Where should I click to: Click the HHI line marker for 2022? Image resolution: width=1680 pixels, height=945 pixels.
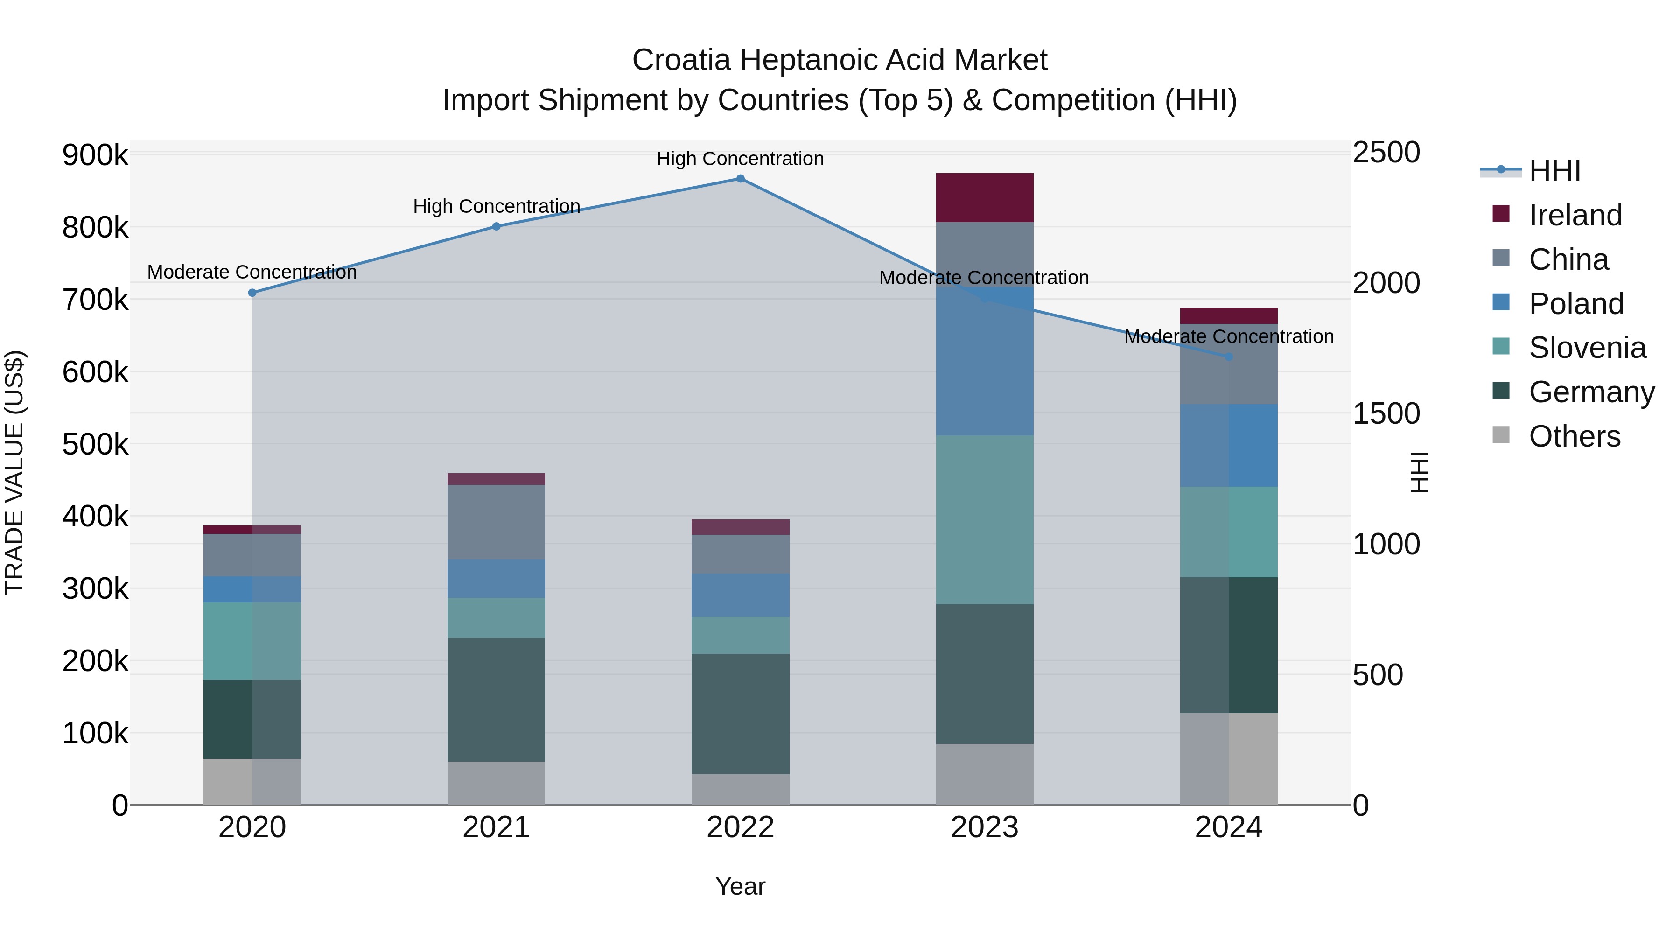[740, 179]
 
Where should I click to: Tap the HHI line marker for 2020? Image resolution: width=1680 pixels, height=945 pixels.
[252, 293]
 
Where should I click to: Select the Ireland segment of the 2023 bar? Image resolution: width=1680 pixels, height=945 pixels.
[984, 197]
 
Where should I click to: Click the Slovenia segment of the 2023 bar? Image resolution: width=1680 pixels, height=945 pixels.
[984, 520]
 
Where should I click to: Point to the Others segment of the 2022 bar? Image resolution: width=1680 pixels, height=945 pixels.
[740, 789]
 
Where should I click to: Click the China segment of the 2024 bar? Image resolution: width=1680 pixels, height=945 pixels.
[1228, 364]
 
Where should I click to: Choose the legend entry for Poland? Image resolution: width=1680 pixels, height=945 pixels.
[1575, 304]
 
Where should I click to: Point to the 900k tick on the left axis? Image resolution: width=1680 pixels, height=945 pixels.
[95, 156]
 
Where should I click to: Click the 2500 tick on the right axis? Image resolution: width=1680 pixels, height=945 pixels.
[1386, 153]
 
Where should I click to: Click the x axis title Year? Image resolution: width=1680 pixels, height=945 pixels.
[740, 886]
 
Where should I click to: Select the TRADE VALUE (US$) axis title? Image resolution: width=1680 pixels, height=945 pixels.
[14, 472]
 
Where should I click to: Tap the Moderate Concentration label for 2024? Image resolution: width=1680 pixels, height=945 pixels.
[1228, 336]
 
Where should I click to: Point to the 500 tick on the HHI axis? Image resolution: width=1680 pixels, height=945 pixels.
[1378, 675]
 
